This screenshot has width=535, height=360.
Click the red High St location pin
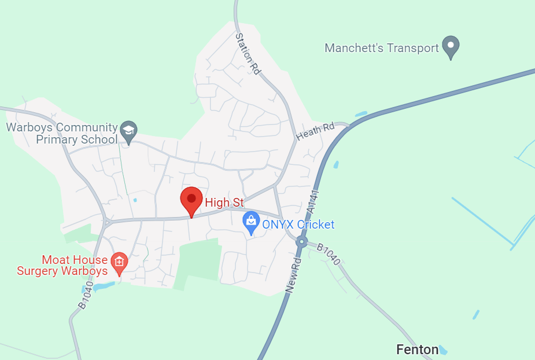point(191,200)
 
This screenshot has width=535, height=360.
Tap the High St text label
point(224,203)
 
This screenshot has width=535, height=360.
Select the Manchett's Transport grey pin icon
point(451,46)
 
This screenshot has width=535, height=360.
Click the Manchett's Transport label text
point(382,48)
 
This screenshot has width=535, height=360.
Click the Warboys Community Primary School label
point(62,133)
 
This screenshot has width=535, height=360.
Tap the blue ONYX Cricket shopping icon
point(250,220)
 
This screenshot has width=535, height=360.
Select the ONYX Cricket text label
point(298,225)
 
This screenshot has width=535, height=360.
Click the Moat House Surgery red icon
point(119,261)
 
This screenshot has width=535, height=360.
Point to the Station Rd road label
point(248,53)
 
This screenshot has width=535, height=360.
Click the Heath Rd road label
point(315,131)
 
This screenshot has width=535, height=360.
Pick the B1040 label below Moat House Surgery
point(85,296)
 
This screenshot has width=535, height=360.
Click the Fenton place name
point(417,350)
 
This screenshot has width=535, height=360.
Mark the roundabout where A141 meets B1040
point(301,242)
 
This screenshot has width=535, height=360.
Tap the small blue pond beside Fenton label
point(443,350)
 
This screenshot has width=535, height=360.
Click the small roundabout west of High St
point(106,222)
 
